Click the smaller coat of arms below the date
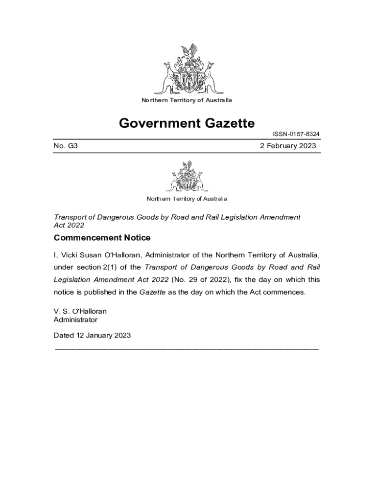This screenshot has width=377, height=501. click(187, 177)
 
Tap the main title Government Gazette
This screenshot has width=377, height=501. click(187, 123)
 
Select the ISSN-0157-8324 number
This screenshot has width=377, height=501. click(297, 134)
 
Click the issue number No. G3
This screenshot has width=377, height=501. click(66, 146)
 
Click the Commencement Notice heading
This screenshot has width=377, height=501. click(102, 238)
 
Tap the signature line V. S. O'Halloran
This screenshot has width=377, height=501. click(80, 311)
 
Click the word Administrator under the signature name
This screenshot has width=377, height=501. click(75, 320)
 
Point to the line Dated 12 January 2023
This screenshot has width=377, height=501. click(92, 336)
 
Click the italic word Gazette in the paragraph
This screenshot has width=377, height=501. click(152, 292)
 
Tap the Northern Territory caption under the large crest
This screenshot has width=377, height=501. click(187, 100)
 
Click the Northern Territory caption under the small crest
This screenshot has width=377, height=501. click(187, 199)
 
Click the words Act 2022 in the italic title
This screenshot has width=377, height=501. click(69, 225)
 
